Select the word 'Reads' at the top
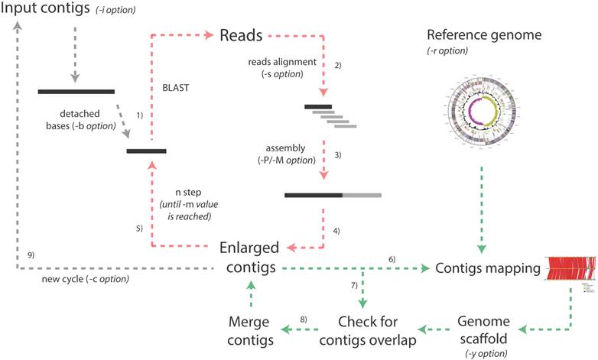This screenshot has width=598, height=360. [x=241, y=36]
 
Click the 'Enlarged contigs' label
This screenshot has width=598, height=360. [x=249, y=258]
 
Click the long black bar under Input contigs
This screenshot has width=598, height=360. [x=76, y=92]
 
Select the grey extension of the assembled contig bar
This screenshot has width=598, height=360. [x=362, y=195]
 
